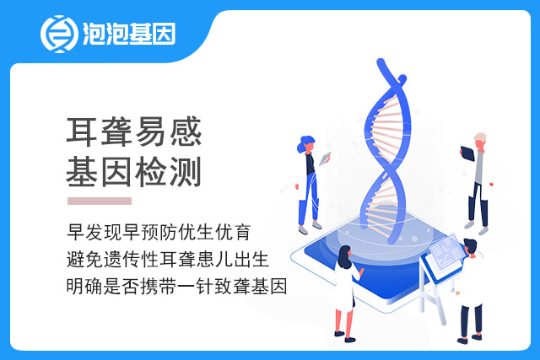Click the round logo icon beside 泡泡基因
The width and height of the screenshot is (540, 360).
tap(59, 34)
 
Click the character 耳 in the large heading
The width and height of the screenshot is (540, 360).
tap(82, 132)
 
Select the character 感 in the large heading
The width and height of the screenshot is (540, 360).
tap(186, 132)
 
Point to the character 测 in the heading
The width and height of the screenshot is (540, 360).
tap(186, 172)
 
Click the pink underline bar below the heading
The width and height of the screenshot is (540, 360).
tap(100, 201)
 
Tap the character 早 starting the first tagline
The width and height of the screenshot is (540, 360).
tap(76, 232)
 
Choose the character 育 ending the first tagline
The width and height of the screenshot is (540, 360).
tap(242, 232)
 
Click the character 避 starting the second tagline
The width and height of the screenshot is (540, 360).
tap(76, 259)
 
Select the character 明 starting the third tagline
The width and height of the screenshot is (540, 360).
tap(75, 287)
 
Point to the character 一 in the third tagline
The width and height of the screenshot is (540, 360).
tap(186, 287)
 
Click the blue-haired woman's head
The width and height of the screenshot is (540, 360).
tap(305, 144)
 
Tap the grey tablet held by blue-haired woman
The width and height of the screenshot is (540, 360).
tap(325, 159)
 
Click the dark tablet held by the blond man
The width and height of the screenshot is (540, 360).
tap(467, 153)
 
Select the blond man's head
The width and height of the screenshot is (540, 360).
tap(480, 140)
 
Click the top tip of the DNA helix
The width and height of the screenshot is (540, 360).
tap(381, 62)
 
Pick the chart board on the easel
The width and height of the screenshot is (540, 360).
tap(446, 255)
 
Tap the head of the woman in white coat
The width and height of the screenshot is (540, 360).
tap(345, 256)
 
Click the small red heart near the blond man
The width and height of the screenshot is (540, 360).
tap(491, 184)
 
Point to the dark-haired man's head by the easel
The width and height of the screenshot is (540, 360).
tap(470, 246)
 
